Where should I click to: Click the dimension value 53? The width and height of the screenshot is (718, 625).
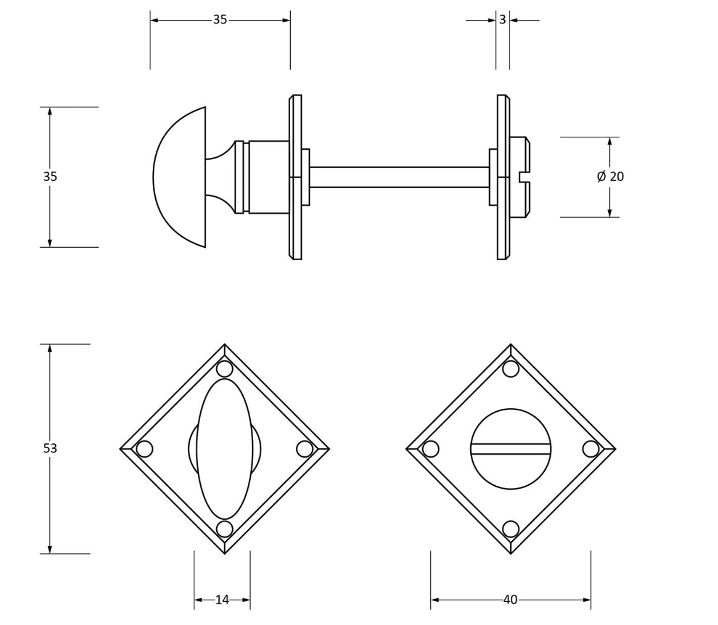pyautogui.click(x=50, y=448)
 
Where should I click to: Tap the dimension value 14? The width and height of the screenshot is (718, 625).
pyautogui.click(x=222, y=600)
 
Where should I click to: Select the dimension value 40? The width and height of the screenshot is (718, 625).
pyautogui.click(x=510, y=600)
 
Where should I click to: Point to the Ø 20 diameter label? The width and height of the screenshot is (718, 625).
pyautogui.click(x=611, y=176)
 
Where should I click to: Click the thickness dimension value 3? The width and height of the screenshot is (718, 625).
pyautogui.click(x=503, y=20)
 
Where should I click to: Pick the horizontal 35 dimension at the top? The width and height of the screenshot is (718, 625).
pyautogui.click(x=220, y=20)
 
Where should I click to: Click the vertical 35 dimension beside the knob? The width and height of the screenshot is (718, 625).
pyautogui.click(x=50, y=176)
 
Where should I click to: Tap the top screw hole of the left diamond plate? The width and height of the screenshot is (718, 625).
pyautogui.click(x=224, y=369)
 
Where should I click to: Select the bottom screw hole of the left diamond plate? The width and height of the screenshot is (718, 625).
pyautogui.click(x=224, y=529)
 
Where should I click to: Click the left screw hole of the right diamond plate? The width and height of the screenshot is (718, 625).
pyautogui.click(x=431, y=449)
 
